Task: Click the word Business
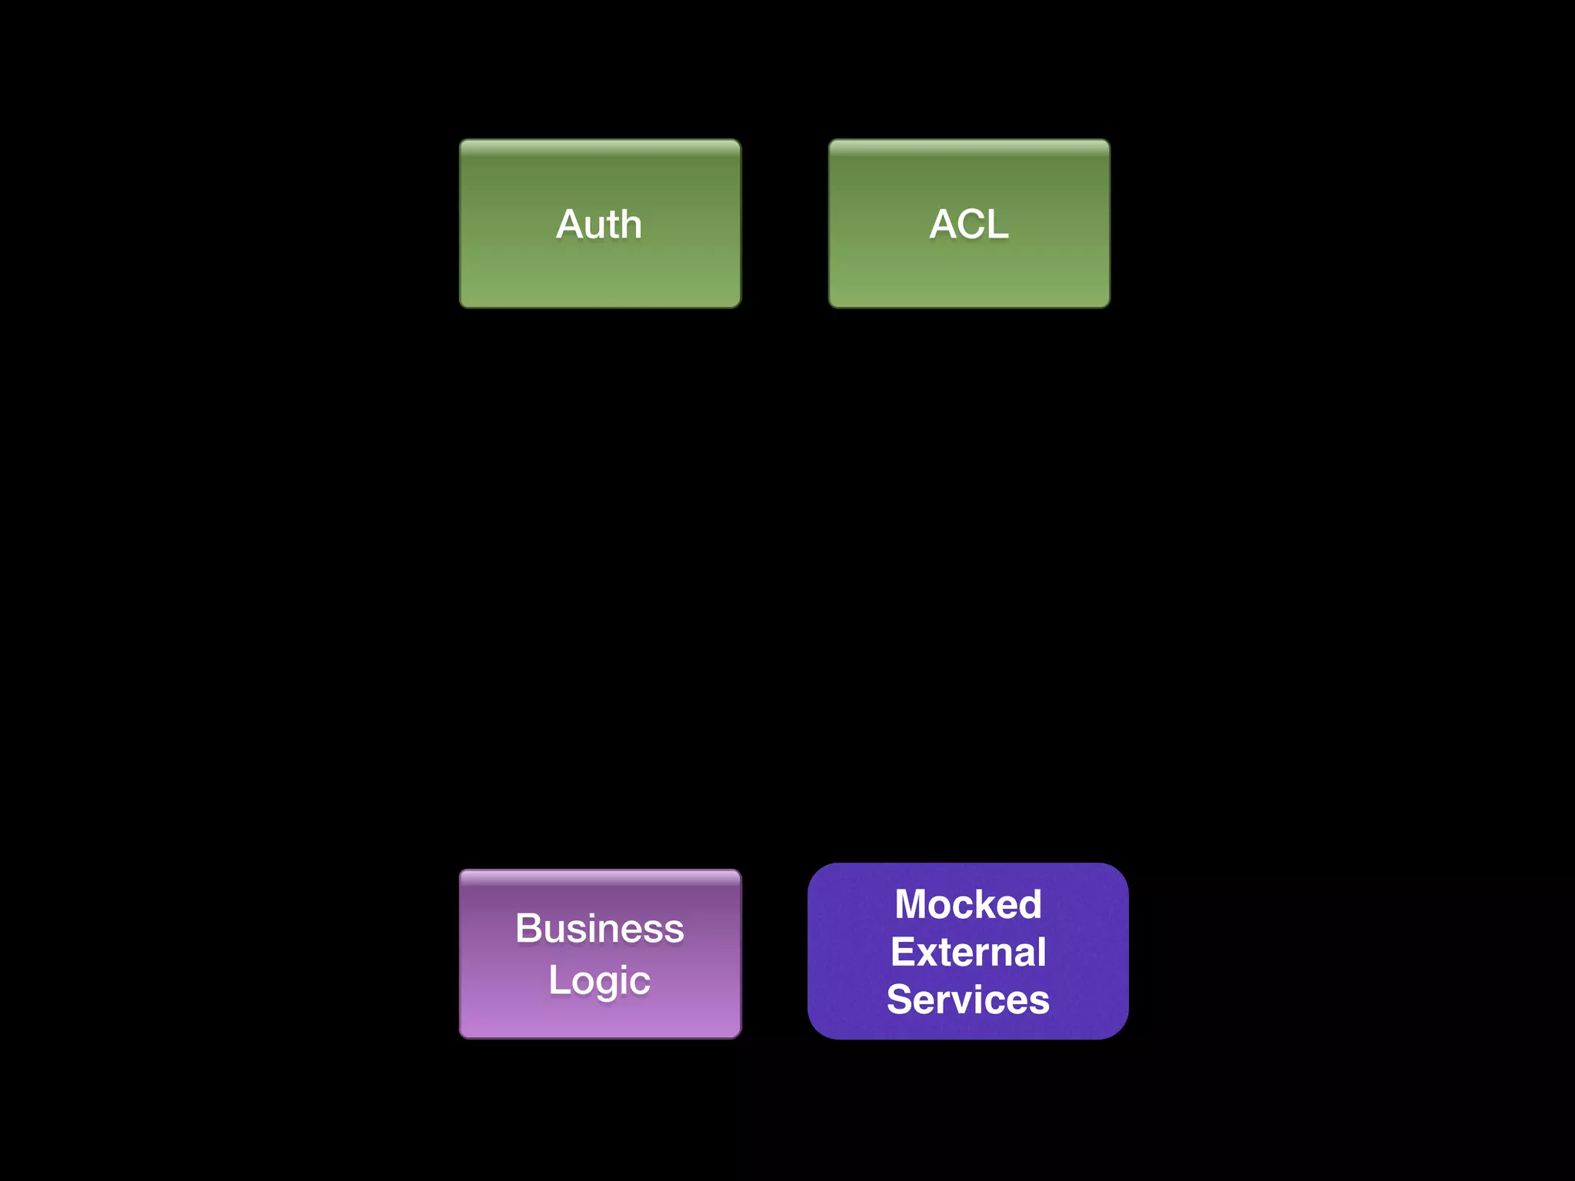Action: click(599, 928)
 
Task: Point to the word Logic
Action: click(599, 980)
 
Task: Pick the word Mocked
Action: click(968, 904)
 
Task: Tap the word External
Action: click(968, 952)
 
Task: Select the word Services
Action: click(968, 1000)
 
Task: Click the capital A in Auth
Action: click(570, 225)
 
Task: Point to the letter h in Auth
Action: click(631, 225)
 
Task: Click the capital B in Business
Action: click(529, 928)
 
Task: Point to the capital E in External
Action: click(903, 952)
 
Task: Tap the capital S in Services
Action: click(900, 1000)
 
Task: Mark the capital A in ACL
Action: click(943, 225)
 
